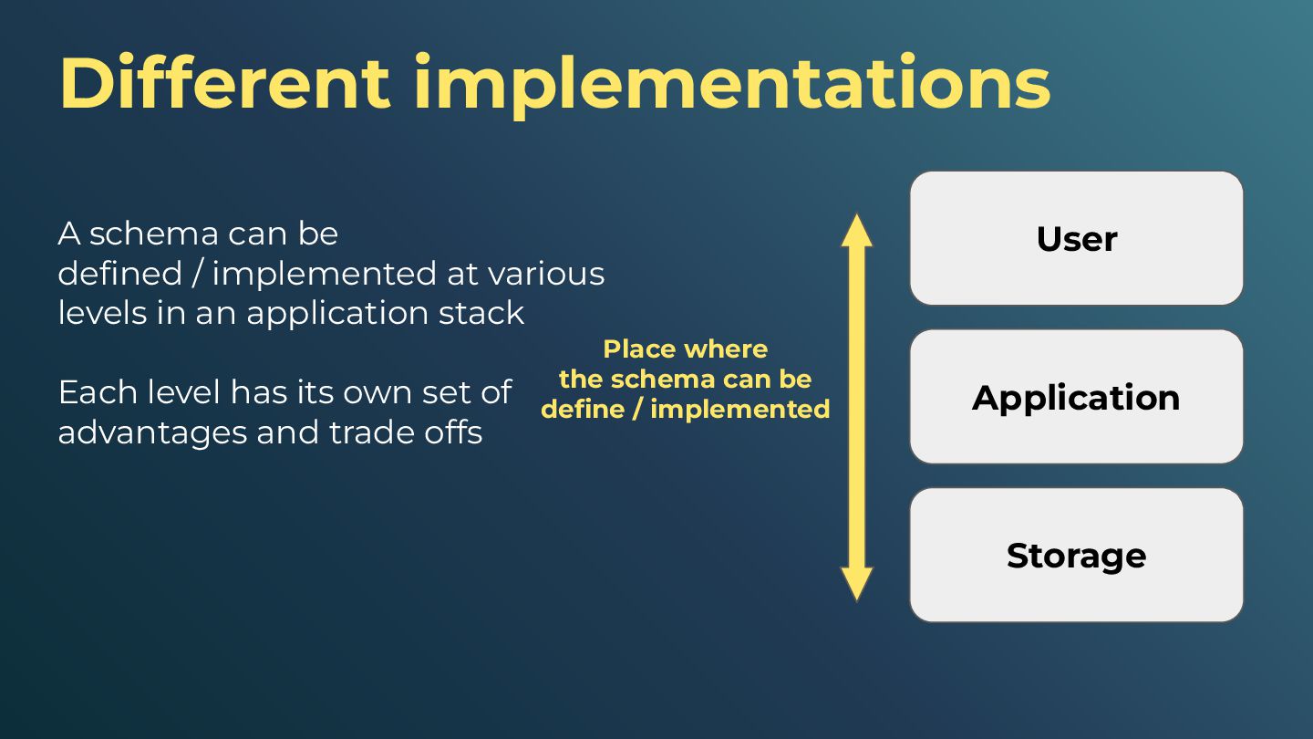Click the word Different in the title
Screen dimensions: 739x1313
(224, 84)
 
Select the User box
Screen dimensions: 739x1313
(1076, 238)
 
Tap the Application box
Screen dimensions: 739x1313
(1076, 397)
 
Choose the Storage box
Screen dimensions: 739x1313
(1076, 556)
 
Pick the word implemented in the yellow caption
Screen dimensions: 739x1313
(739, 409)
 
